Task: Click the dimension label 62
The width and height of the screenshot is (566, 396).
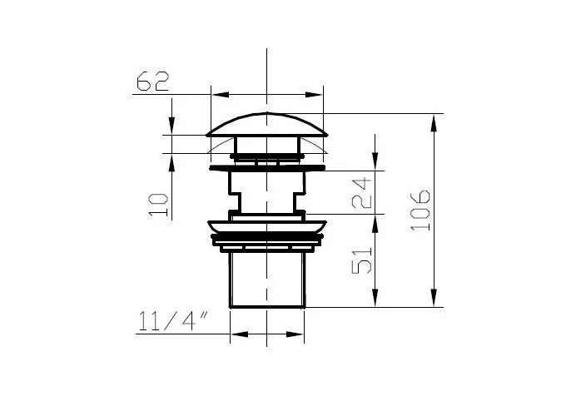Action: click(152, 81)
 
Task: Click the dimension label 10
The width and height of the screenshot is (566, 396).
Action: click(158, 205)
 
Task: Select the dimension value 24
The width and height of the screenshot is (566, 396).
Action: click(362, 193)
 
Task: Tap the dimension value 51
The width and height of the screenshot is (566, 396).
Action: click(362, 260)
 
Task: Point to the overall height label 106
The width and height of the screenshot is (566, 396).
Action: click(420, 210)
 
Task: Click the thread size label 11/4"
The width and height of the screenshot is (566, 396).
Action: click(173, 320)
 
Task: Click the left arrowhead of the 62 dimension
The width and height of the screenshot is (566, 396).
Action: click(221, 95)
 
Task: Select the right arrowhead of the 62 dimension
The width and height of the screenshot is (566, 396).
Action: click(314, 95)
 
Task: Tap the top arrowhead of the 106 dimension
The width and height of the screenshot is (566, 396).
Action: click(434, 123)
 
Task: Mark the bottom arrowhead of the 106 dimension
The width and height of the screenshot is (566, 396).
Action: click(434, 298)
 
